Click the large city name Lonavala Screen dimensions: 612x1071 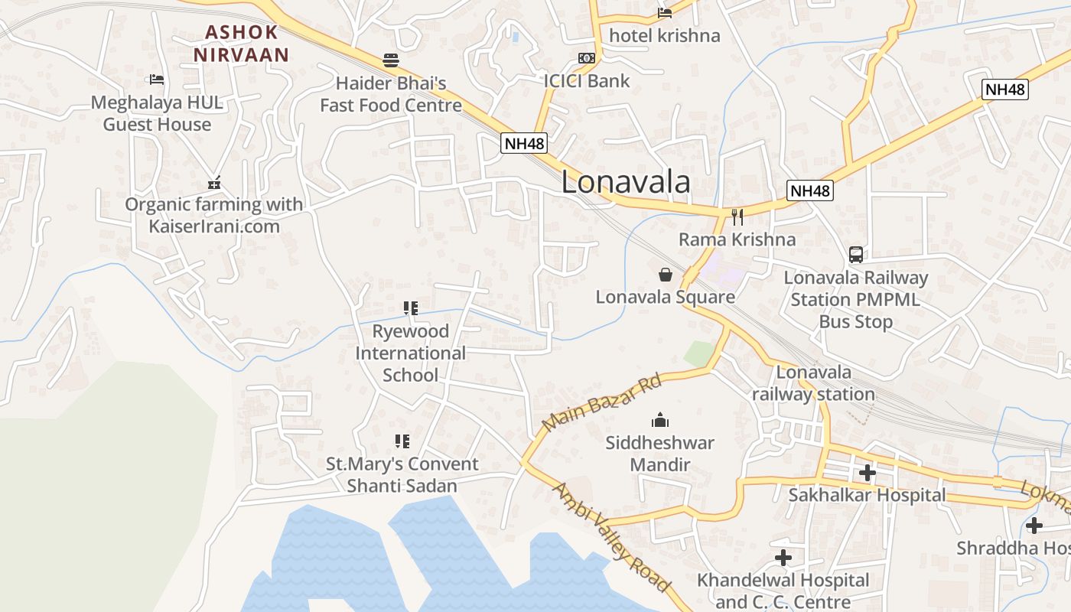(x=626, y=182)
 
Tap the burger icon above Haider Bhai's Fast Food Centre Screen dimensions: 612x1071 (x=391, y=60)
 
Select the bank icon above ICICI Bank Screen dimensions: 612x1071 (x=587, y=58)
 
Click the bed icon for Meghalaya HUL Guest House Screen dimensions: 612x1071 (x=157, y=80)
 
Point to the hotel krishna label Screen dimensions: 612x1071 (x=664, y=35)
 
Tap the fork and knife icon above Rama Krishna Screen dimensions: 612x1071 (x=737, y=217)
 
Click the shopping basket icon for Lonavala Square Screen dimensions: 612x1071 (x=666, y=274)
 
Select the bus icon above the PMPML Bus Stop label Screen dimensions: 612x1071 (x=855, y=255)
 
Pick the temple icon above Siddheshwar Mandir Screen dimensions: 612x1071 (x=660, y=420)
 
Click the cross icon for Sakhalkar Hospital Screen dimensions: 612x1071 (x=867, y=473)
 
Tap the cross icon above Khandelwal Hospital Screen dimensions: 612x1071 (x=783, y=558)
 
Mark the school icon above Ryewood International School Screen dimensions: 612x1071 (x=411, y=308)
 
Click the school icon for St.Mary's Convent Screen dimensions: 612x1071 (x=402, y=441)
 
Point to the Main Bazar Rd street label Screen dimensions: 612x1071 (x=601, y=402)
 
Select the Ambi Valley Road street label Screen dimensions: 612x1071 (x=611, y=538)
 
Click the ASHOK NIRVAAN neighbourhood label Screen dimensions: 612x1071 (x=241, y=44)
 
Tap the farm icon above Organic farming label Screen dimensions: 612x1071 (x=214, y=183)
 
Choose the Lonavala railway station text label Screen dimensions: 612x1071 (x=813, y=383)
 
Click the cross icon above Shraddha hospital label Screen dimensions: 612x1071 (x=1034, y=526)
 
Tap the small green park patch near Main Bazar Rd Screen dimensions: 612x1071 (x=698, y=353)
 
